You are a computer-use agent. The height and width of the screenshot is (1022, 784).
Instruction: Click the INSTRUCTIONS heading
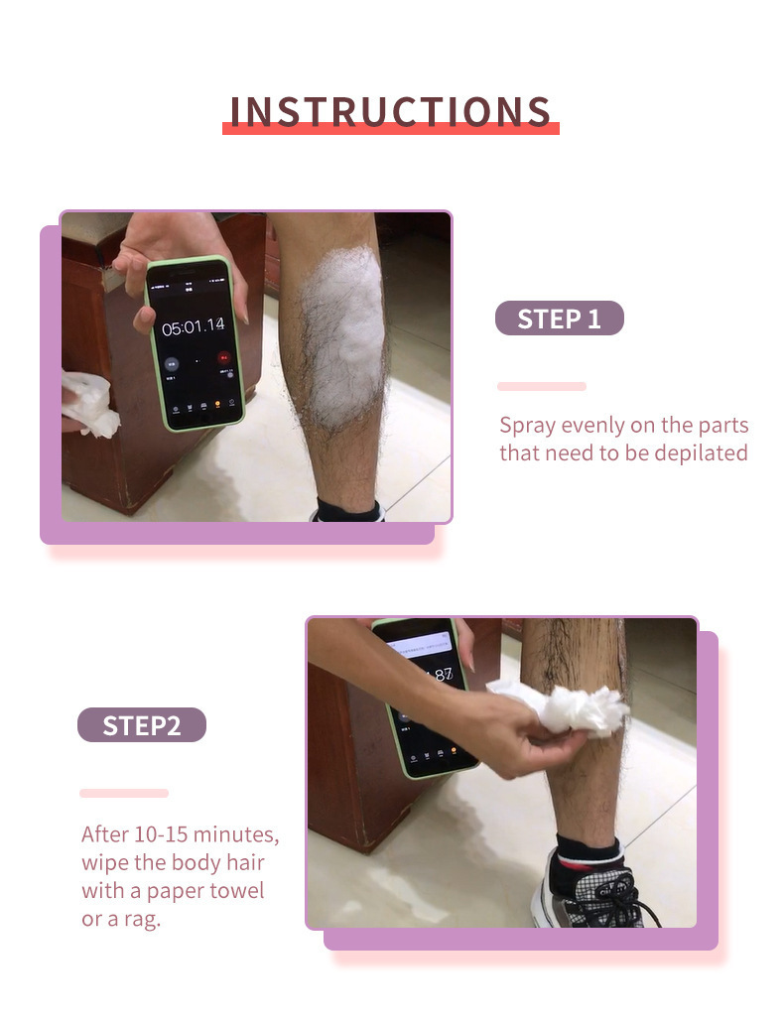[391, 112]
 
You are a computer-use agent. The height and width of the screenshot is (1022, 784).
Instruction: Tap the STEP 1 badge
[560, 319]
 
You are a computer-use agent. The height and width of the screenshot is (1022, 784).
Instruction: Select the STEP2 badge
[142, 725]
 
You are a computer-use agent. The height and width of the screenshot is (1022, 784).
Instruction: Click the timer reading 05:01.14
[193, 325]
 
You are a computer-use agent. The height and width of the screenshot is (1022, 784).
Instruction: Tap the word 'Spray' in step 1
[528, 426]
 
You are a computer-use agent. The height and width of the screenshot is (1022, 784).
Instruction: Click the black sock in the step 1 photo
[347, 511]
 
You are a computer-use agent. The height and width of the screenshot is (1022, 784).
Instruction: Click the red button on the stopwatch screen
[224, 356]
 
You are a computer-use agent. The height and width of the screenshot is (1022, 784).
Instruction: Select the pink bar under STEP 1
[542, 386]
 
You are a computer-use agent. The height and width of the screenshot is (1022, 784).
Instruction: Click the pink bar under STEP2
[124, 793]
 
